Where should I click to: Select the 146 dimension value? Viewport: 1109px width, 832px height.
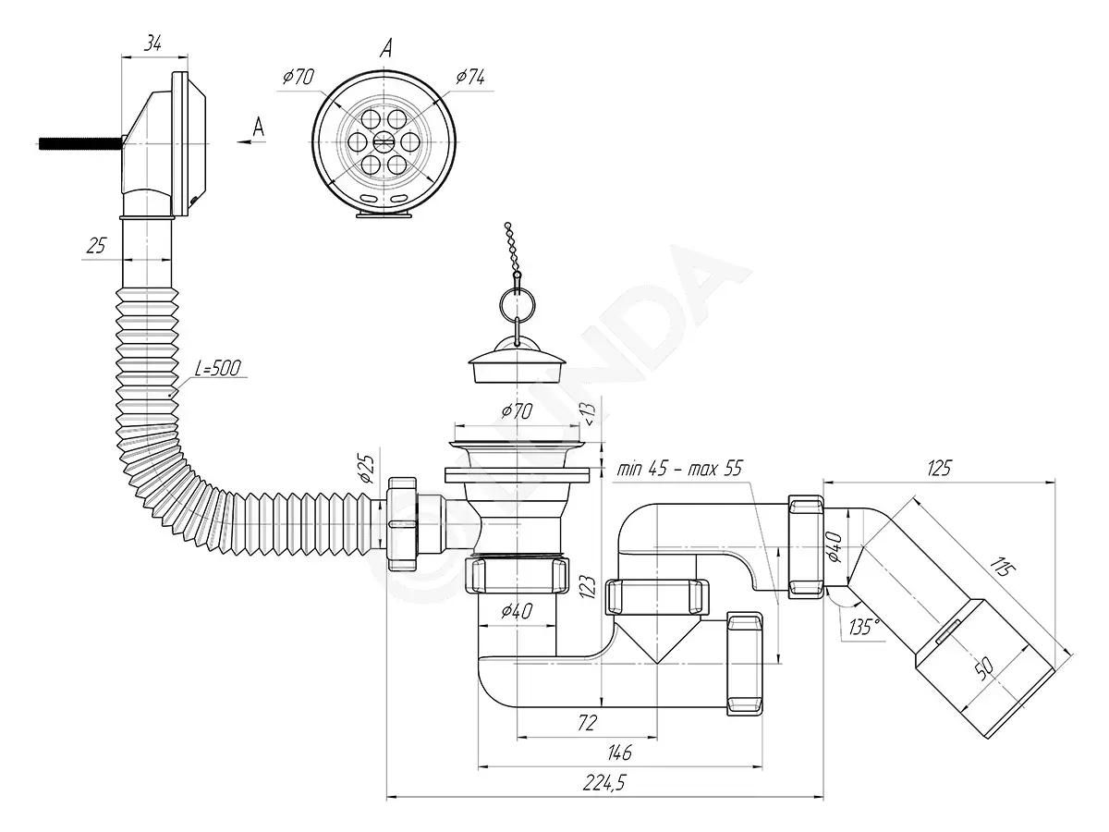coord(619,752)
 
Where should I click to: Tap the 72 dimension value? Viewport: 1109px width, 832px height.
coord(587,723)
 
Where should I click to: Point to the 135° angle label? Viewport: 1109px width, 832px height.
coord(863,627)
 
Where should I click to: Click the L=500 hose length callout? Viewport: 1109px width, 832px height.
coord(218,368)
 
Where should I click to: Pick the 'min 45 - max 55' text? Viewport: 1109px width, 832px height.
coord(679,469)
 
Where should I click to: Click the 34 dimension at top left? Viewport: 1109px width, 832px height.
coord(152,43)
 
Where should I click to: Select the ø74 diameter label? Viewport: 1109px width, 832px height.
coord(469,78)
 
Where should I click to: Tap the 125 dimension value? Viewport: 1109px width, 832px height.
coord(939,469)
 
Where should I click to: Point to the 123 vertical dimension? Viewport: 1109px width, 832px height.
coord(588,587)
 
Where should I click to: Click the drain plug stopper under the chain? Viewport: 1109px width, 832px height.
coord(517,364)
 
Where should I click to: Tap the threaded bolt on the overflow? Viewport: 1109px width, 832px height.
coord(79,143)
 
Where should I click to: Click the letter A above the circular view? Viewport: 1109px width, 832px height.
coord(385,49)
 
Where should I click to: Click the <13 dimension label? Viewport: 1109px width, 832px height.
coord(590,414)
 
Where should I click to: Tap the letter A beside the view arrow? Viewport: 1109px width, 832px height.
coord(258,127)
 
